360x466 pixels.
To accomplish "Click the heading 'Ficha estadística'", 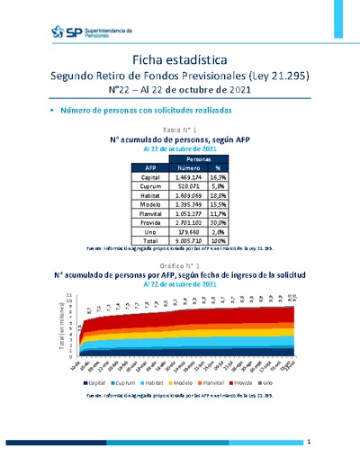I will point(179,59).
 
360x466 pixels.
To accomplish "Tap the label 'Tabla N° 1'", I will point(179,131).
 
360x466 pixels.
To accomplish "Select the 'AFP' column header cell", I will point(149,167).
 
